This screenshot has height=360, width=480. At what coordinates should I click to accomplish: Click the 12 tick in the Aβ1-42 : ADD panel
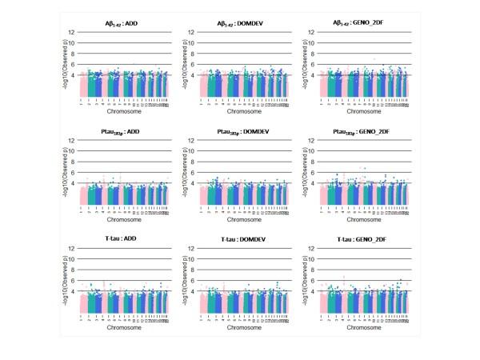pos(72,32)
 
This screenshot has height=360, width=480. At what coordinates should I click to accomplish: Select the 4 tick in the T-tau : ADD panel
pos(74,291)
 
